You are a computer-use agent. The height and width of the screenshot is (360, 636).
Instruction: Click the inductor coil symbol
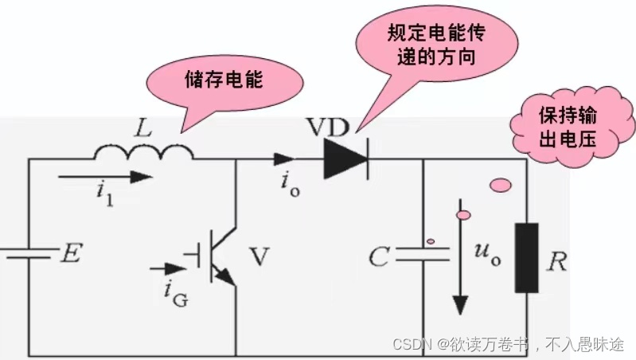tap(144, 152)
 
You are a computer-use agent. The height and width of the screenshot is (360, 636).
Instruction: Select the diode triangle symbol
tap(345, 158)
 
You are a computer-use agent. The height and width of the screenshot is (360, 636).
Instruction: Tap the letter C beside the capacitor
tap(380, 257)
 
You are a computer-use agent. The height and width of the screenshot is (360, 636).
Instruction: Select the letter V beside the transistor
tap(259, 257)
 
